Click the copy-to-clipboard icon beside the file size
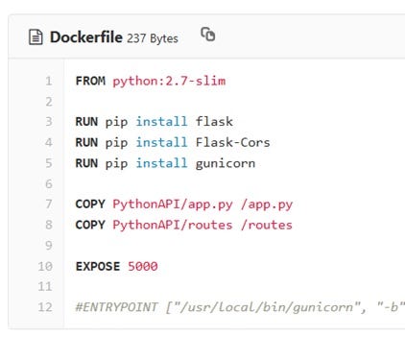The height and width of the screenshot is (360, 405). [x=207, y=36]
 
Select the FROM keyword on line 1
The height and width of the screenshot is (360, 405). [x=90, y=81]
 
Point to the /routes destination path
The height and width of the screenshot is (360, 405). [x=263, y=225]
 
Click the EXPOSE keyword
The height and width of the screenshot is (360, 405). [x=97, y=266]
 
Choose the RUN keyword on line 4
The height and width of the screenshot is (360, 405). [x=86, y=142]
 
